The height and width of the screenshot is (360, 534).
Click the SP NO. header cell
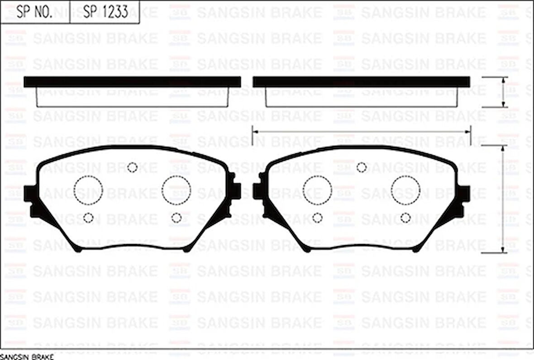coord(35,12)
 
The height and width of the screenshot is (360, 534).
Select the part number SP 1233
coord(105,12)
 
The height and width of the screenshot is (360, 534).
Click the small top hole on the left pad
coord(132,168)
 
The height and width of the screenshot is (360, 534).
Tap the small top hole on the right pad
coord(361,168)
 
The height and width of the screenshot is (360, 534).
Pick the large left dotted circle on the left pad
coord(88,190)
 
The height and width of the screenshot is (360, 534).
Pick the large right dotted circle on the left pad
coord(176,190)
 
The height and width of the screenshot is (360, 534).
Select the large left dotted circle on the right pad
coord(317,190)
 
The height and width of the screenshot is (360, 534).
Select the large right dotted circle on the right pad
coord(405,190)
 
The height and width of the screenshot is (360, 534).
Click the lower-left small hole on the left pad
coord(88,218)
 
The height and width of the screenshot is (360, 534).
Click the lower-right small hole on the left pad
coord(176,218)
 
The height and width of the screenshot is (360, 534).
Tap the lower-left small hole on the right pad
coord(317,218)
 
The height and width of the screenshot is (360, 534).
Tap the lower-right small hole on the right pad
coord(405,218)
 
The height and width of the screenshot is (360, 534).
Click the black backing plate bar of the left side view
coord(132,82)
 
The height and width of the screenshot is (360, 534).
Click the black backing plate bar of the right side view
coord(361,82)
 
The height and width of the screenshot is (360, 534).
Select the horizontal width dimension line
coord(361,132)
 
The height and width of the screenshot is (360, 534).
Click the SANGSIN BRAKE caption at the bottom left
coord(27,357)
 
